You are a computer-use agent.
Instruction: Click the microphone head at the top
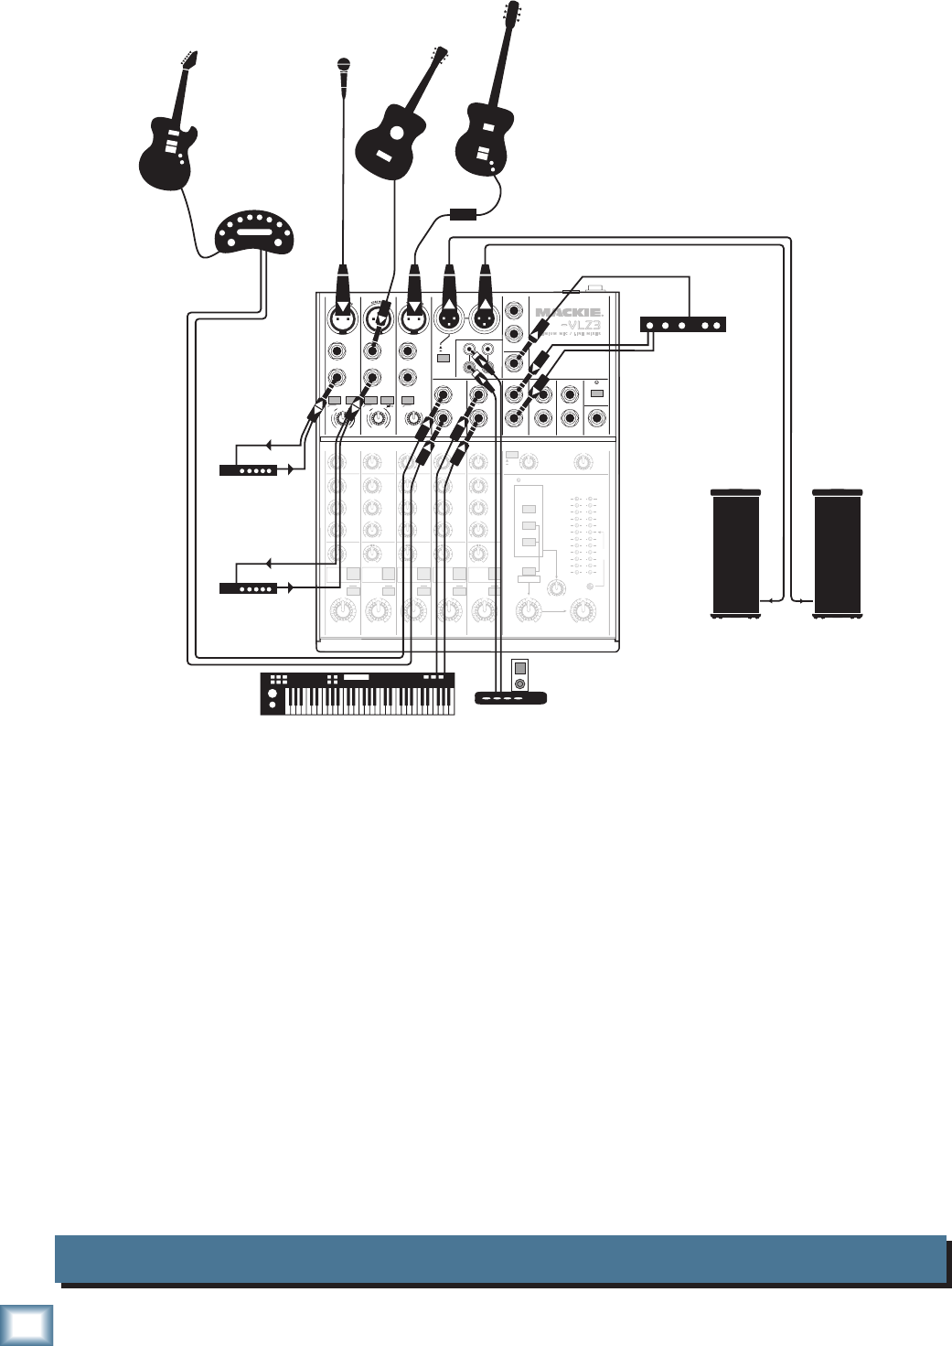(344, 65)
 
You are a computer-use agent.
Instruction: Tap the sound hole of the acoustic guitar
(396, 133)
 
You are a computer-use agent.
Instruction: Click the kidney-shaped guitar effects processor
(255, 232)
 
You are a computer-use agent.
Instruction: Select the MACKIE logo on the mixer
(568, 313)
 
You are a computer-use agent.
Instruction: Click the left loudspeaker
(735, 554)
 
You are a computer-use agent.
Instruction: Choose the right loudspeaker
(838, 554)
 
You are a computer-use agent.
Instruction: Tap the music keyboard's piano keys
(369, 701)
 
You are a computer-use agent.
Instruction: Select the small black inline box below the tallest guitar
(464, 215)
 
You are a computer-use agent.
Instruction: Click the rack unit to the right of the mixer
(682, 324)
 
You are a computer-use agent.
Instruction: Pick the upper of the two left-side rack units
(248, 470)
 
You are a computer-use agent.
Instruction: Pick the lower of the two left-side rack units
(248, 588)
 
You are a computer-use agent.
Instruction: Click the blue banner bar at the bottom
(499, 1259)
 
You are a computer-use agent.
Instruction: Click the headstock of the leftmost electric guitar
(189, 59)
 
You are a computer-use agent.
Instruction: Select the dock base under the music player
(511, 698)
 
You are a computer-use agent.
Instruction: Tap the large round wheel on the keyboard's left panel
(271, 705)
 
